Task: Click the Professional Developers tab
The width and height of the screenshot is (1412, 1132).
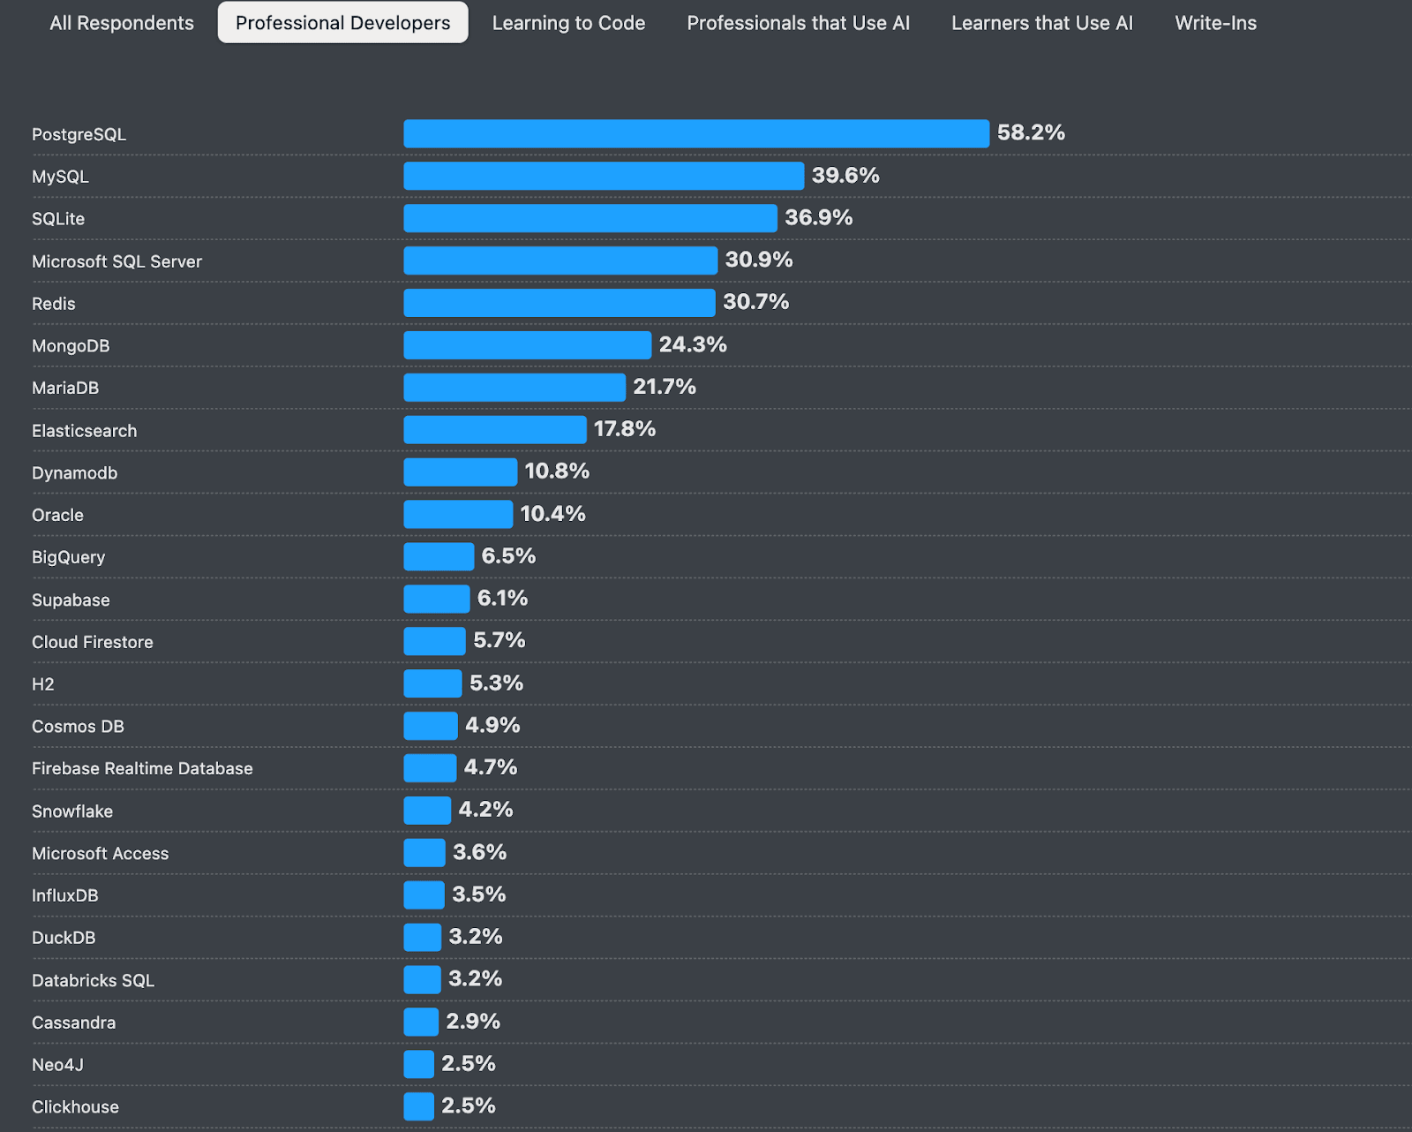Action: (x=342, y=23)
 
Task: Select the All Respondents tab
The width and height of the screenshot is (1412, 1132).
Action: (x=122, y=23)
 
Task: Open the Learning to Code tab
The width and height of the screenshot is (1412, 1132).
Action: (x=568, y=23)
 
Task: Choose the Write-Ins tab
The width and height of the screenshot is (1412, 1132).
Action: (x=1215, y=23)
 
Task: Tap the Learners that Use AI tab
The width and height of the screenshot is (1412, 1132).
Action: (x=1041, y=23)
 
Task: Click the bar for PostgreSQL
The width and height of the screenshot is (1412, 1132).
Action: (x=695, y=133)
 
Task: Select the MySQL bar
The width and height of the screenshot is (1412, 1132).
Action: (x=604, y=176)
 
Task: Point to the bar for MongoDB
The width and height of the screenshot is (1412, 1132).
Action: (x=527, y=345)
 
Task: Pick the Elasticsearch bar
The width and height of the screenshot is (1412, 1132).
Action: (x=494, y=430)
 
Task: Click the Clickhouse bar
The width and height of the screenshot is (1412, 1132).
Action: (x=418, y=1106)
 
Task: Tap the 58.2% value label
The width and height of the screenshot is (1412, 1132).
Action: (x=1031, y=132)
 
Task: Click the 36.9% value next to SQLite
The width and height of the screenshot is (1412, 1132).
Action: (x=818, y=217)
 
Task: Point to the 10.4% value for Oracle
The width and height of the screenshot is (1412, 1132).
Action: (x=552, y=514)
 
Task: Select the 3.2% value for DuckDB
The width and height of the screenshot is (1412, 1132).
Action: (x=475, y=937)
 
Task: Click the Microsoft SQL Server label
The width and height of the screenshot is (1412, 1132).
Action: (x=116, y=261)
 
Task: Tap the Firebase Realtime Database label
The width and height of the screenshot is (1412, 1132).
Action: (x=142, y=768)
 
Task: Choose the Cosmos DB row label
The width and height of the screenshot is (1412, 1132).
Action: (x=78, y=727)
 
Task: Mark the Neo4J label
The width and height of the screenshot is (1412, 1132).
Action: (x=57, y=1065)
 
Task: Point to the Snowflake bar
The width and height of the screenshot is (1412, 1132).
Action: (x=427, y=811)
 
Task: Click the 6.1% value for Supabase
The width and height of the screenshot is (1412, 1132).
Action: (x=502, y=599)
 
